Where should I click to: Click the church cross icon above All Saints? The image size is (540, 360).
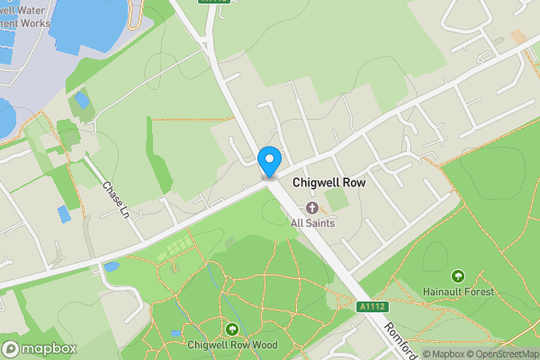[x=311, y=208]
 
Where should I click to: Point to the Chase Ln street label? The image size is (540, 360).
[x=116, y=199]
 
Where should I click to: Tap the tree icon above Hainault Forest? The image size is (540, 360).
[x=457, y=276]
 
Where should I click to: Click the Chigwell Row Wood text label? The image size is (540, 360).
[x=233, y=345]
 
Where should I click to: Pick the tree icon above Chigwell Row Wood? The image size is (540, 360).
[x=233, y=329]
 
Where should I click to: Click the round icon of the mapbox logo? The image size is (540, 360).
[x=11, y=348]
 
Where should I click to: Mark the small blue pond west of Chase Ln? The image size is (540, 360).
[x=64, y=214]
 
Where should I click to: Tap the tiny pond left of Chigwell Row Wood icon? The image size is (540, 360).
[x=176, y=334]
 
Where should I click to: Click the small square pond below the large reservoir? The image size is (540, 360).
[x=83, y=99]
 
